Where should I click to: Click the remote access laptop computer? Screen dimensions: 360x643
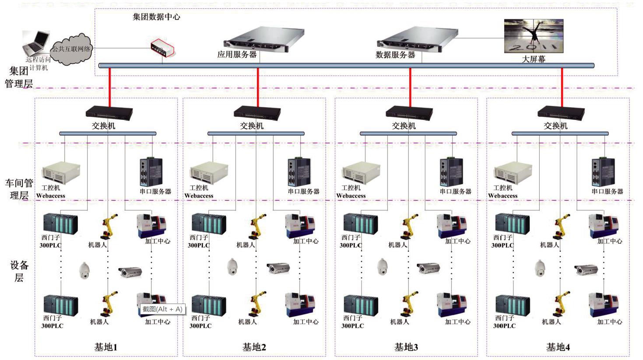tap(36, 43)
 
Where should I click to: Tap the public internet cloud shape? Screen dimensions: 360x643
tap(72, 49)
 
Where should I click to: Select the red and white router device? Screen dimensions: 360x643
tap(163, 48)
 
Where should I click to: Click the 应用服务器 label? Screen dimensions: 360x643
tap(237, 55)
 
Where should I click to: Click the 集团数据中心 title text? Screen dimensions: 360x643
tap(156, 17)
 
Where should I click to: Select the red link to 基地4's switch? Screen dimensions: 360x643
tap(562, 87)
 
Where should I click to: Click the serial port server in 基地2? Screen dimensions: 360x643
tap(299, 172)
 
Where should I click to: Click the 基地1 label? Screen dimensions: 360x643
tap(106, 347)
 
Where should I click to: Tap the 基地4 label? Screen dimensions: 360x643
tap(558, 347)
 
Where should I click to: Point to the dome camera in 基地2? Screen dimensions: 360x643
tap(232, 266)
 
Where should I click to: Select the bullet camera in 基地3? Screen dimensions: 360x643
tap(428, 268)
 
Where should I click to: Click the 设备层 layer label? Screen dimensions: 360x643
tap(19, 271)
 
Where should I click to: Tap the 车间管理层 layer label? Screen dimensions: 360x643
tap(19, 189)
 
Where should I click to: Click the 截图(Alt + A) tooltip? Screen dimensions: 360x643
tap(162, 309)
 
